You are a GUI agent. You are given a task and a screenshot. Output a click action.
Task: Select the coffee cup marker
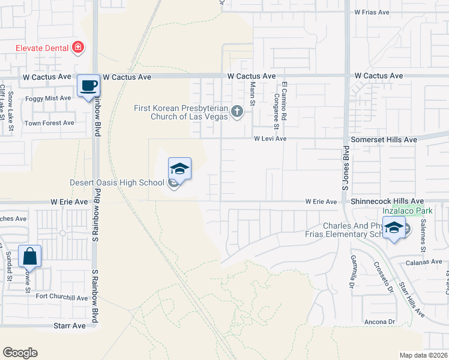tap(88, 86)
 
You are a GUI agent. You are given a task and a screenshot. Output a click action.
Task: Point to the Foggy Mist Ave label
tap(48, 98)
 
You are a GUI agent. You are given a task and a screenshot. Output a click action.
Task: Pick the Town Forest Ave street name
tap(49, 123)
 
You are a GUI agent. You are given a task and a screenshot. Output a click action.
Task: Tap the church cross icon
tap(238, 111)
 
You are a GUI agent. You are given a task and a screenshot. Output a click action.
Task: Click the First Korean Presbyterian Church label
tap(181, 112)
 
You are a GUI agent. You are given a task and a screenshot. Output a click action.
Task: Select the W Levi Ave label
tap(270, 139)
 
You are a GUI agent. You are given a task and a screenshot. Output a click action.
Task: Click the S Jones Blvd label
tap(346, 167)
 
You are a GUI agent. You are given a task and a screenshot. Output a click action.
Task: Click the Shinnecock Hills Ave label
tap(388, 202)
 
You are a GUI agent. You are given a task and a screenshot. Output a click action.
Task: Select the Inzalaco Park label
tap(408, 211)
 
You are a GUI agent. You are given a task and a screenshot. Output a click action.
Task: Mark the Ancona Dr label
tap(379, 322)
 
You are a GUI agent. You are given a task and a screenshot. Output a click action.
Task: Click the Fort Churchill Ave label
tap(62, 298)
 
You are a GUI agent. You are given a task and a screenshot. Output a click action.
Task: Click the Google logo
tap(20, 353)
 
